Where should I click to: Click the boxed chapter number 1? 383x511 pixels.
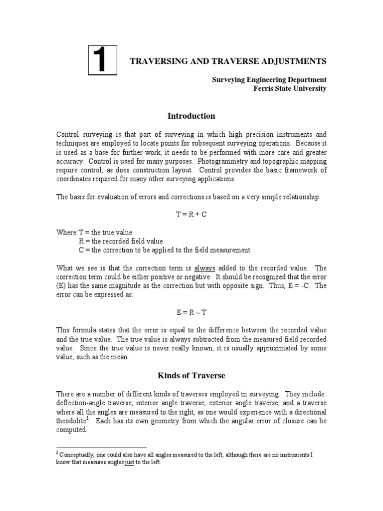coord(103,61)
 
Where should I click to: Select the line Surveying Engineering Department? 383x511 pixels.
coord(270,80)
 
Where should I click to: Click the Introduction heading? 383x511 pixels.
coord(191,116)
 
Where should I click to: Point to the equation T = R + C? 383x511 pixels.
coord(191,214)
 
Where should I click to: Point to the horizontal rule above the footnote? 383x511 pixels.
coord(101,448)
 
